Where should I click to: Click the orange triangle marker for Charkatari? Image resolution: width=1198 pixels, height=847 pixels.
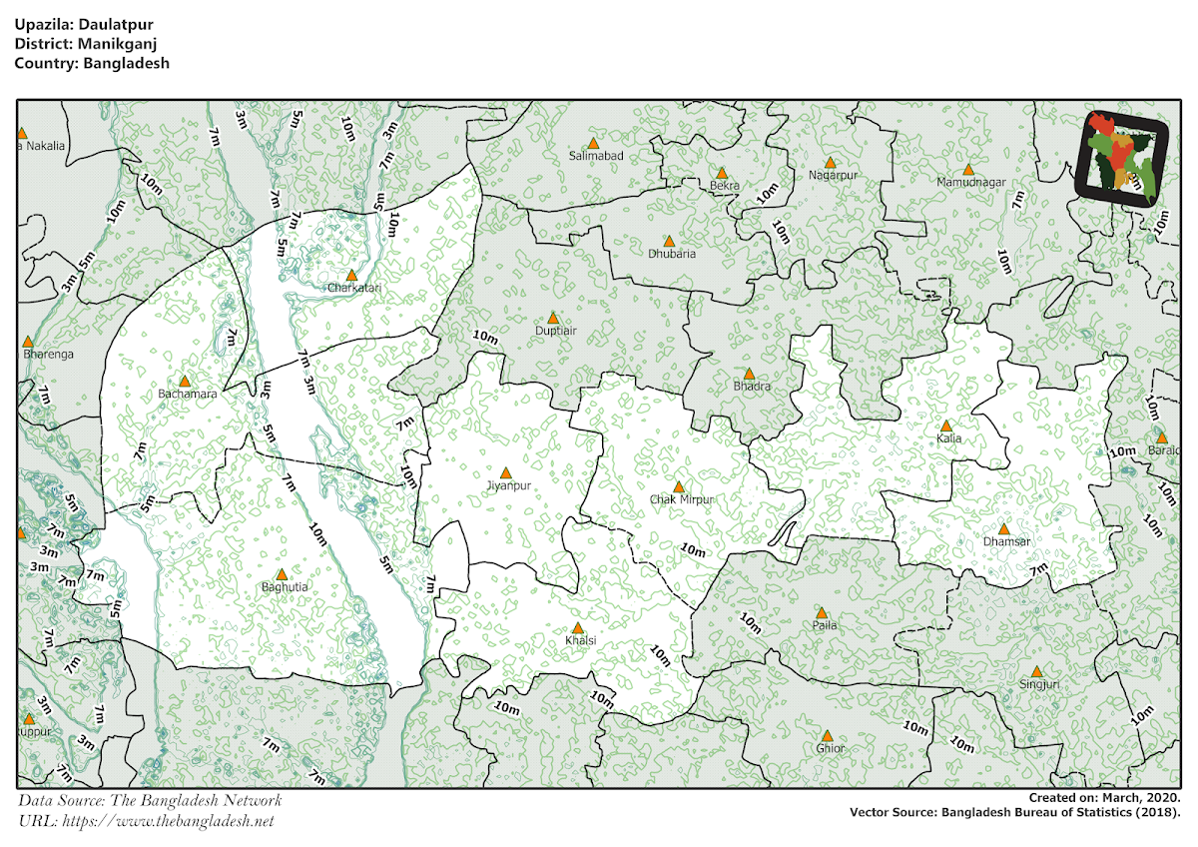tap(351, 275)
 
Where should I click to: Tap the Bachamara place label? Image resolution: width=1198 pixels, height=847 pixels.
tap(187, 394)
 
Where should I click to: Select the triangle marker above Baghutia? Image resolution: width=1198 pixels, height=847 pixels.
tap(282, 574)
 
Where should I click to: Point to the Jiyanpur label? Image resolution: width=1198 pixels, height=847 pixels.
tap(507, 486)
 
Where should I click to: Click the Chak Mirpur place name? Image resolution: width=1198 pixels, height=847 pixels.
tap(682, 498)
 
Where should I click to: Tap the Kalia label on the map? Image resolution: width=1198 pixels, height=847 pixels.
tap(948, 438)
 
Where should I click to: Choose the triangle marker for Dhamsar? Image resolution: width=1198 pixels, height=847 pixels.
tap(1004, 529)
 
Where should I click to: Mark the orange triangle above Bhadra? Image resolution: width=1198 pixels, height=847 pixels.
tap(749, 374)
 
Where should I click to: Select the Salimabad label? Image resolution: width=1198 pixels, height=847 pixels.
tap(596, 157)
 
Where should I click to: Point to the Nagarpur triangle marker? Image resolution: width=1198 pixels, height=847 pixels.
tap(829, 162)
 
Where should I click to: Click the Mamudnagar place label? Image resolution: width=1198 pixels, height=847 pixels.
tap(971, 182)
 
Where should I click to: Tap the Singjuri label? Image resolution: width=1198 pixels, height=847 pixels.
tap(1039, 684)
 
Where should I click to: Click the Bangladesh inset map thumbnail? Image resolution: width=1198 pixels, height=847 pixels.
tap(1122, 158)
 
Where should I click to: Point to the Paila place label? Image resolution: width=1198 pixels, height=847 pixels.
tap(825, 625)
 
